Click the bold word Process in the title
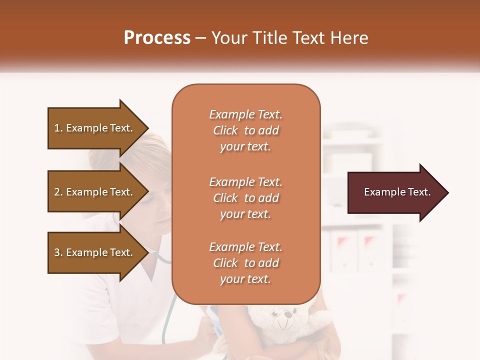coord(157,38)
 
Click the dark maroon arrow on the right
coord(395,192)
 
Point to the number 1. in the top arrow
coord(58,128)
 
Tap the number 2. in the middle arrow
coord(58,192)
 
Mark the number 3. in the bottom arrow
coord(58,252)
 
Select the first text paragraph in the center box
coord(245,130)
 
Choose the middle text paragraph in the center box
coord(245,198)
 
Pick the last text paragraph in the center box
coord(245,263)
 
